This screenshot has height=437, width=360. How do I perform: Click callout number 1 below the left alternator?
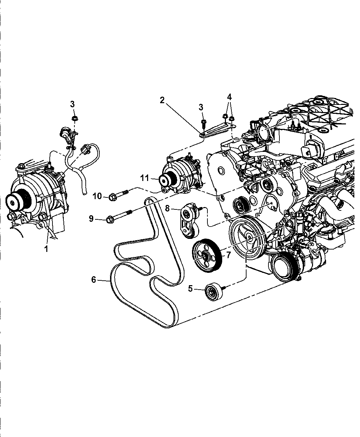click(46, 249)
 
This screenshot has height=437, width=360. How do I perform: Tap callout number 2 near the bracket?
click(162, 100)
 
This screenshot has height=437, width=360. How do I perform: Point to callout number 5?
click(190, 289)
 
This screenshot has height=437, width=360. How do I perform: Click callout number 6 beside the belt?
click(94, 280)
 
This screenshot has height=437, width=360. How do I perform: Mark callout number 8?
click(167, 208)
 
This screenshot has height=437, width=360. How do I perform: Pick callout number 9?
click(91, 219)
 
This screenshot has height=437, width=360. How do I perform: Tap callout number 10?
click(97, 196)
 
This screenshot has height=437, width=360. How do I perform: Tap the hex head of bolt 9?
click(110, 218)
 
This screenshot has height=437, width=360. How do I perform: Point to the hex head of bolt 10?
click(112, 197)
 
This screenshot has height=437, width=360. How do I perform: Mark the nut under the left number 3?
click(74, 119)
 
